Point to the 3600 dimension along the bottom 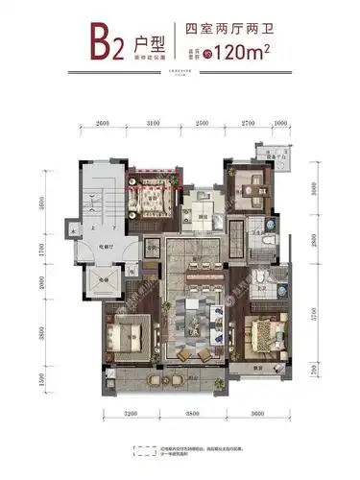coord(254,412)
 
